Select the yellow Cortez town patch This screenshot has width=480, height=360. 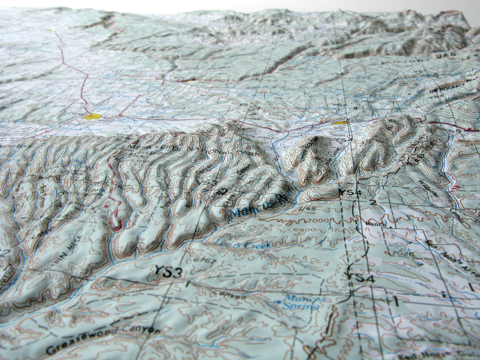pyautogui.click(x=92, y=116)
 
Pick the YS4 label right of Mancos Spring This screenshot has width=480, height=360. pyautogui.click(x=361, y=278)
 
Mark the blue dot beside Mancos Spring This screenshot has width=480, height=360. pyautogui.click(x=279, y=302)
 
